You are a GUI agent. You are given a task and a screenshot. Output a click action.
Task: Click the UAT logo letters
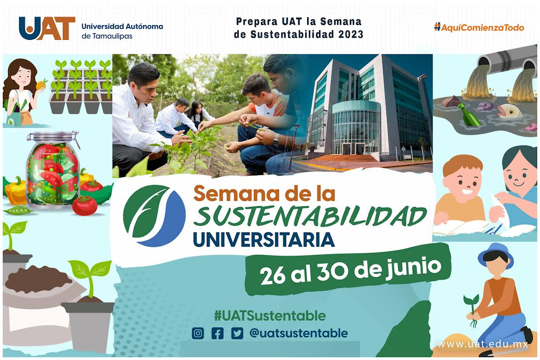point(47,28)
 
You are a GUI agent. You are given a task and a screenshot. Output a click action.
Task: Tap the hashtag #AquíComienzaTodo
point(479,28)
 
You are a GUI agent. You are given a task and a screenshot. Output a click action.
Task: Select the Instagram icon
point(198,333)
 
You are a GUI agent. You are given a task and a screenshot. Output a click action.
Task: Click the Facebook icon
point(217,333)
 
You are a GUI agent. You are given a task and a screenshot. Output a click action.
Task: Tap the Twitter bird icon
point(237,333)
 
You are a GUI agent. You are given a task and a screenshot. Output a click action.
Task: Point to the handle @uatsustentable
point(298,333)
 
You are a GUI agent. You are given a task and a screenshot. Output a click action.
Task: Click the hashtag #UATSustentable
point(270,315)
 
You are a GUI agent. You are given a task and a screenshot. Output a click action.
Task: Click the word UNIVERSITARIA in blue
point(263,239)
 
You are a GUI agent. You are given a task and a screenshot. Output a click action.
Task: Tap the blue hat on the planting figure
point(495,253)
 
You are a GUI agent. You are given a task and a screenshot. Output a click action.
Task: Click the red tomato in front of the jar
point(85,205)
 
